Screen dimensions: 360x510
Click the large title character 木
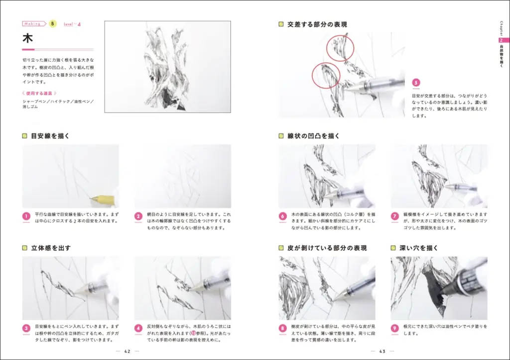click(x=28, y=38)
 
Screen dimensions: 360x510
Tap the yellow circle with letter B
click(x=53, y=23)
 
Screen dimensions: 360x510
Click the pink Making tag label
click(x=33, y=23)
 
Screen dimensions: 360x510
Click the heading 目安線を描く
click(x=50, y=135)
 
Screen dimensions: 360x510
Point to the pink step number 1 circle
click(x=26, y=217)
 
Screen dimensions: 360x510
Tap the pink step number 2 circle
click(x=138, y=217)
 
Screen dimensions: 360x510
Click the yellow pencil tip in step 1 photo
click(x=94, y=199)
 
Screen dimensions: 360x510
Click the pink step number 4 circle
click(x=138, y=328)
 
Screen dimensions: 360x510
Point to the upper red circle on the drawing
click(x=340, y=48)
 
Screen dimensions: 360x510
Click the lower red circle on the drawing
click(x=326, y=75)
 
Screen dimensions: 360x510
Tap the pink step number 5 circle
click(x=416, y=83)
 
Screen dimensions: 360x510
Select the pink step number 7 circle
click(x=395, y=217)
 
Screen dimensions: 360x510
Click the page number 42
click(x=127, y=351)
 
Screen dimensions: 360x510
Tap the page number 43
click(x=382, y=351)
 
